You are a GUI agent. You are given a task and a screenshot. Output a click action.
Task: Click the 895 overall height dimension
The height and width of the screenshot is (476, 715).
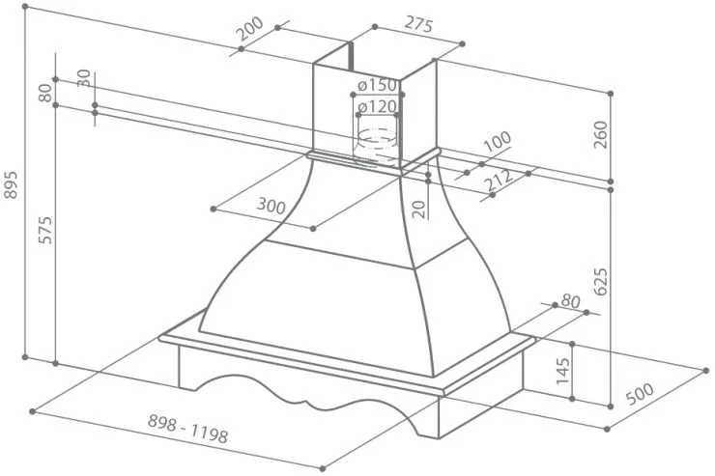coord(10,184)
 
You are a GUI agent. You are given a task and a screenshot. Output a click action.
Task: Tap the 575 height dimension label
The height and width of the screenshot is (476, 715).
coord(45,230)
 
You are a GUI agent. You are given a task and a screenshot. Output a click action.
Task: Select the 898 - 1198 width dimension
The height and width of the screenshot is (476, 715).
coord(187,429)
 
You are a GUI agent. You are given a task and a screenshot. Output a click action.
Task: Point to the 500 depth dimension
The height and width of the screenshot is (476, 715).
coord(640,394)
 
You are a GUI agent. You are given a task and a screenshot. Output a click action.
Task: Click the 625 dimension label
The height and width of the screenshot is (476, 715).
coord(601,282)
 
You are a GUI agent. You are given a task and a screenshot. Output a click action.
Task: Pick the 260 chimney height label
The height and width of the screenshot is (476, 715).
coord(601,134)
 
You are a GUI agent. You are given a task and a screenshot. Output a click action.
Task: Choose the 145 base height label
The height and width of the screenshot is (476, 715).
coord(562,371)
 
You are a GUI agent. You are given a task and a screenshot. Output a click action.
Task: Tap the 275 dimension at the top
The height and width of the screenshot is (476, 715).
coord(418,25)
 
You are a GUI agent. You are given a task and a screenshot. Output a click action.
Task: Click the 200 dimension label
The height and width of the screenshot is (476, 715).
coord(250,28)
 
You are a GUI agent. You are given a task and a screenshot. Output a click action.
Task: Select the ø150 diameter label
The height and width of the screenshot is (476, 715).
coord(377,85)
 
